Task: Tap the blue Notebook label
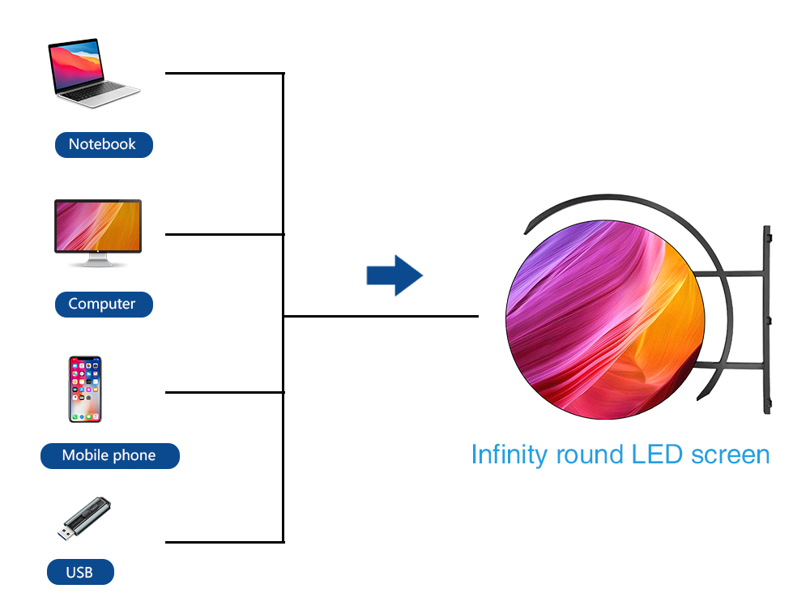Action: click(103, 145)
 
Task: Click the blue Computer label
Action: click(103, 305)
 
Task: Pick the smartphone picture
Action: click(84, 389)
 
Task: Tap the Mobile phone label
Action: click(109, 455)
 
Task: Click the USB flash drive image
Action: click(85, 520)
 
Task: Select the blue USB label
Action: click(80, 572)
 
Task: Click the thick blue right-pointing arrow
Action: click(394, 275)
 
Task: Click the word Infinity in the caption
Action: click(509, 454)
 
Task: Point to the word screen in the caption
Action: click(730, 454)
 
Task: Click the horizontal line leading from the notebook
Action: click(224, 74)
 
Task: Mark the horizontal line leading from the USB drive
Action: click(224, 541)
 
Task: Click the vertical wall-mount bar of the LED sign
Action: click(766, 321)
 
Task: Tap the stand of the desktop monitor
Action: click(97, 262)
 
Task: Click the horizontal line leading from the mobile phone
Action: click(224, 392)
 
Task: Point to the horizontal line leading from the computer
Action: click(224, 234)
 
